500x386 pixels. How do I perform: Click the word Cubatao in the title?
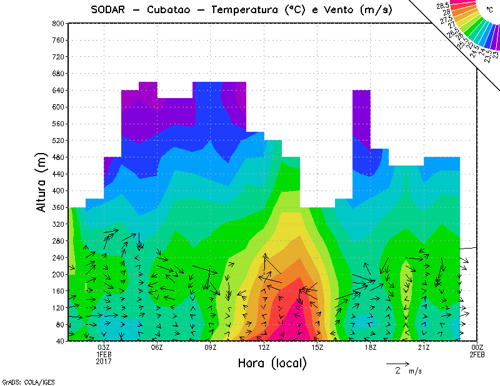click(x=172, y=9)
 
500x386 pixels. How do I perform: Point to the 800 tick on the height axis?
click(x=57, y=23)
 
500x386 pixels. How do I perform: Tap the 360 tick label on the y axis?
click(x=57, y=207)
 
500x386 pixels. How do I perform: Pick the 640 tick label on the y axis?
click(x=57, y=90)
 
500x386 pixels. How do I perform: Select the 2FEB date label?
click(x=477, y=355)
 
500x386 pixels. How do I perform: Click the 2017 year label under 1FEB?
click(x=104, y=362)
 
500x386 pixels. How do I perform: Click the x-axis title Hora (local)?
click(x=271, y=363)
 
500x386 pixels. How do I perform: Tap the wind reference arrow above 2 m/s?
click(x=397, y=363)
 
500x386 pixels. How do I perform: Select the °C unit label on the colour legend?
click(x=489, y=10)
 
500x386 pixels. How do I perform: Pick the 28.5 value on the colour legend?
click(x=444, y=6)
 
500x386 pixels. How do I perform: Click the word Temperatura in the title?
click(x=256, y=9)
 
